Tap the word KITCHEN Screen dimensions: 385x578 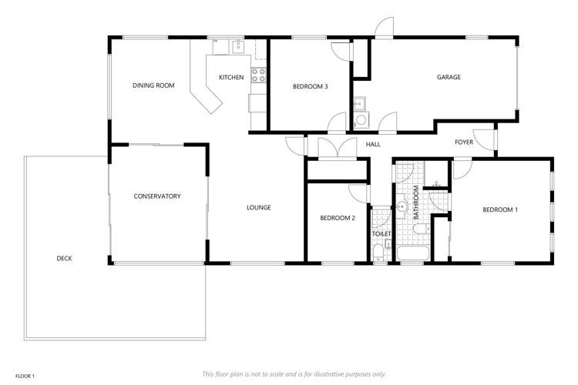point(231,77)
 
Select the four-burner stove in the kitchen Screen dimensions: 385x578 point(258,75)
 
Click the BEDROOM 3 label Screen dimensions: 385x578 point(311,86)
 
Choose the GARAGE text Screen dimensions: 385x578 point(449,77)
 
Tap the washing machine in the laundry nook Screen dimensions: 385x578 point(361,120)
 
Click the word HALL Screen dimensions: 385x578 point(373,144)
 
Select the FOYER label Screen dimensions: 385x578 point(464,142)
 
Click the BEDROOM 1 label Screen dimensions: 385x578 point(500,209)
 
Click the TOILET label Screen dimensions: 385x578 point(381,233)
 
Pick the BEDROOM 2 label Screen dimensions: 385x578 point(338,218)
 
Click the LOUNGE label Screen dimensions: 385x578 point(258,207)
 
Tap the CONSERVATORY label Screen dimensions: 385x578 point(157,196)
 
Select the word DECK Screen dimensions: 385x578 point(64,259)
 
